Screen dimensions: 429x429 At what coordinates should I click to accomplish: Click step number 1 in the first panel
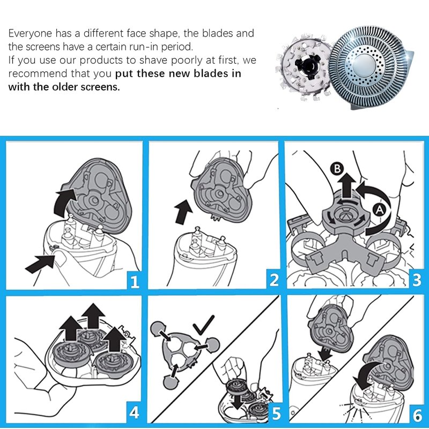click(x=135, y=281)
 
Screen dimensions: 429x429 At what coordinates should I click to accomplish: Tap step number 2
click(x=274, y=280)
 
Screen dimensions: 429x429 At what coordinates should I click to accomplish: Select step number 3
click(x=417, y=279)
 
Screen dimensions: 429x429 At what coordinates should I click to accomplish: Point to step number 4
click(x=134, y=412)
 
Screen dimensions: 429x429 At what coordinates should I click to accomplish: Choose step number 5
click(x=276, y=413)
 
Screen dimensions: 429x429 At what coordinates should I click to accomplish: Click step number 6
click(x=417, y=415)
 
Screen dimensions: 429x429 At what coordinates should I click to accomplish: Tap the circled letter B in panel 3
click(x=337, y=168)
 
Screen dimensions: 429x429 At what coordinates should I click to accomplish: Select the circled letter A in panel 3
click(x=379, y=210)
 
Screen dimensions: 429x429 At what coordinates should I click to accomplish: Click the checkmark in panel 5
click(x=203, y=325)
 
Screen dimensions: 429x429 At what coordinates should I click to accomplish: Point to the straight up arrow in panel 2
click(x=183, y=211)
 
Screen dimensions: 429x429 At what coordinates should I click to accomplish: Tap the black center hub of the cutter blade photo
click(x=308, y=65)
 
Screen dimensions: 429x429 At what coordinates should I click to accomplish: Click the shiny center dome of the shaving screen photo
click(x=365, y=65)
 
